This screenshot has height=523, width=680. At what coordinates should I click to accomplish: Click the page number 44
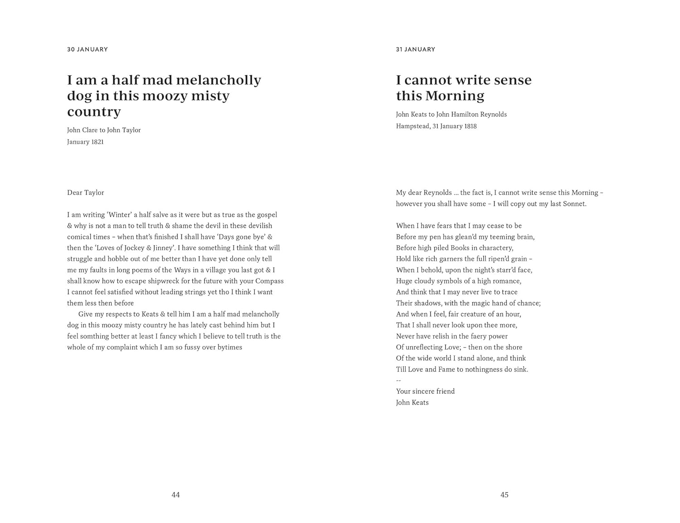pyautogui.click(x=175, y=495)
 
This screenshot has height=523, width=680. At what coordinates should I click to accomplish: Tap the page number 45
pyautogui.click(x=504, y=495)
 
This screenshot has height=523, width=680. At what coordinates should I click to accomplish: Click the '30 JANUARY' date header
pyautogui.click(x=87, y=49)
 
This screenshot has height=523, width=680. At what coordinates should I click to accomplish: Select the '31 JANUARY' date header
pyautogui.click(x=415, y=49)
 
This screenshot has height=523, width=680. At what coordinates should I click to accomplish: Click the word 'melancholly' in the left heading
pyautogui.click(x=218, y=80)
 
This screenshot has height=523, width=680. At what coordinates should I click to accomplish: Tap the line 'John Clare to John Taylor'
pyautogui.click(x=104, y=130)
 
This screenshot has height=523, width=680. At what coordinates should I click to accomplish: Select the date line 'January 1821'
pyautogui.click(x=85, y=142)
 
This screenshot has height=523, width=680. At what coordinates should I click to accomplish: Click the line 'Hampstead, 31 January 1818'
pyautogui.click(x=436, y=126)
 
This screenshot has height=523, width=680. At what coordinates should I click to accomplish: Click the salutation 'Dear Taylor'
pyautogui.click(x=86, y=193)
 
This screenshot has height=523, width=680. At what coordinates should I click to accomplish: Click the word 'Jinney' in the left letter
pyautogui.click(x=163, y=248)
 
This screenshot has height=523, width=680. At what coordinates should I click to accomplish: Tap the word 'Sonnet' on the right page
pyautogui.click(x=574, y=204)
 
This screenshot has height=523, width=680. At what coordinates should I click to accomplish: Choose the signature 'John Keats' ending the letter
pyautogui.click(x=412, y=402)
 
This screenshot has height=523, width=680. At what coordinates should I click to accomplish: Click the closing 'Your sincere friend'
pyautogui.click(x=425, y=392)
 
